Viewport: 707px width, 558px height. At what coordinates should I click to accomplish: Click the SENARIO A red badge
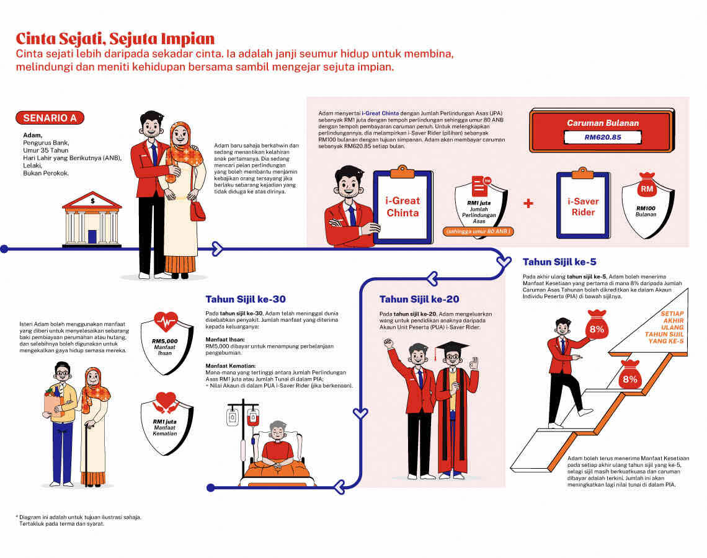50,118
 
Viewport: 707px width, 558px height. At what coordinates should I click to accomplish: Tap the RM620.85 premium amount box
602,137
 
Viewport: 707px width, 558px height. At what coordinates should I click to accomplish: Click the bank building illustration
92,219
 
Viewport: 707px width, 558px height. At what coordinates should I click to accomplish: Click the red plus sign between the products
528,203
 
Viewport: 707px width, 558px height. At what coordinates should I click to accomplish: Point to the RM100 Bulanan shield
647,206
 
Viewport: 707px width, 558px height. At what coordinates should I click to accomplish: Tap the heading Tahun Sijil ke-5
559,262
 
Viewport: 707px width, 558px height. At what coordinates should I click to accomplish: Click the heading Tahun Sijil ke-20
419,299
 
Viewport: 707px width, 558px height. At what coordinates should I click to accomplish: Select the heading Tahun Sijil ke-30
246,299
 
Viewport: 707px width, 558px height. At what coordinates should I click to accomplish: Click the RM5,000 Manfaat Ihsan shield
166,343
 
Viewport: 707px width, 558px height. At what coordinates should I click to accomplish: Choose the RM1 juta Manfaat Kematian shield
166,423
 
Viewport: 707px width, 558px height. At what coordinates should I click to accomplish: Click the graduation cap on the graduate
453,348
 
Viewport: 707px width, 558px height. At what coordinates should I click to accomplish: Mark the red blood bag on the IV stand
253,418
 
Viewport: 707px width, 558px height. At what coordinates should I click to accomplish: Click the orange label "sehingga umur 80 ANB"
478,232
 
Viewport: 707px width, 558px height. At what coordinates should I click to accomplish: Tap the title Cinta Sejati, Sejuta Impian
115,39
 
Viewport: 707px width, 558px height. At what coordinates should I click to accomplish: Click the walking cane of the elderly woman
87,453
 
